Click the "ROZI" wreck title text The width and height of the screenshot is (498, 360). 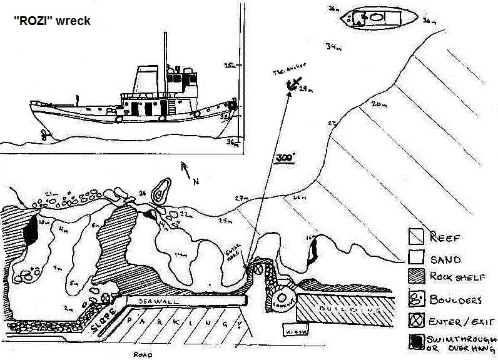tap(52, 21)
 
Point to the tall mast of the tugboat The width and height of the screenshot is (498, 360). tap(165, 62)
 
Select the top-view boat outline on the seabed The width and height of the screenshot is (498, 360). tap(378, 17)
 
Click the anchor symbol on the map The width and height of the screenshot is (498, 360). tap(293, 84)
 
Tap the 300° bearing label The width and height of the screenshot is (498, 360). tap(285, 157)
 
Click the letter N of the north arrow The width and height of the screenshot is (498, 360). tap(196, 182)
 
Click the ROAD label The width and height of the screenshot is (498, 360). tap(143, 354)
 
